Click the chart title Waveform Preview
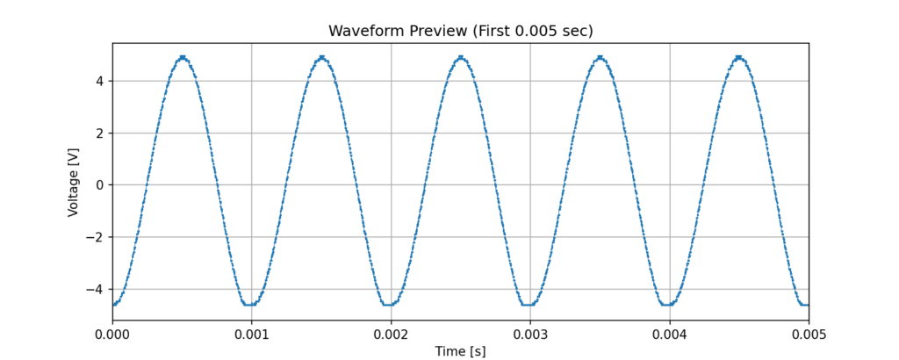pyautogui.click(x=460, y=31)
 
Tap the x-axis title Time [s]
pyautogui.click(x=460, y=351)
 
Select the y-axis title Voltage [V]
pyautogui.click(x=74, y=182)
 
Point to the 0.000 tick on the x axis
pyautogui.click(x=112, y=334)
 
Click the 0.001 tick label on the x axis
pyautogui.click(x=251, y=334)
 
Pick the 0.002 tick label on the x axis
pyautogui.click(x=391, y=334)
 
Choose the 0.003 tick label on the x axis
pyautogui.click(x=529, y=334)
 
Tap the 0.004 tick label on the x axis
pyautogui.click(x=669, y=334)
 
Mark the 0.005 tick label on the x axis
pyautogui.click(x=808, y=334)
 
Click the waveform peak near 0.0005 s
pyautogui.click(x=183, y=58)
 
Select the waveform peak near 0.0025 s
pyautogui.click(x=461, y=58)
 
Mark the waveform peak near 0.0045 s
pyautogui.click(x=739, y=58)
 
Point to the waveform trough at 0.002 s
pyautogui.click(x=391, y=305)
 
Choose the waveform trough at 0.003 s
pyautogui.click(x=529, y=305)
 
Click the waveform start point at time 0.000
pyautogui.click(x=113, y=304)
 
